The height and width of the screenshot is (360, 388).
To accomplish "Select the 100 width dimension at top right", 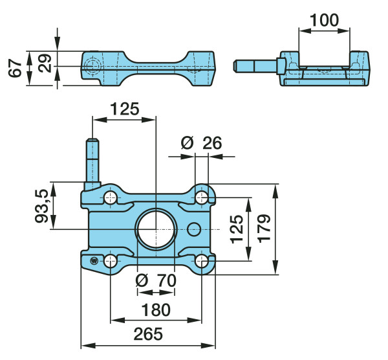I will tap(324, 20).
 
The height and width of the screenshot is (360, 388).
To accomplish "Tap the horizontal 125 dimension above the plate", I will tap(124, 109).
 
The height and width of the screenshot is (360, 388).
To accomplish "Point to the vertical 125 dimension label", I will tap(237, 229).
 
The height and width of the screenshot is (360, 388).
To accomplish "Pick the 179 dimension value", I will tap(264, 229).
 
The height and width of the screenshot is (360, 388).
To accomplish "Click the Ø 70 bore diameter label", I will tap(156, 281).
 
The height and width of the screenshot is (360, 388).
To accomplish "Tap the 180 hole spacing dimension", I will tap(156, 309).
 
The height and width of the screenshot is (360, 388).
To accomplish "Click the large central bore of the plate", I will tap(156, 229).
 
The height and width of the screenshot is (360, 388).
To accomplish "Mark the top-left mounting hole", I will tap(110, 197).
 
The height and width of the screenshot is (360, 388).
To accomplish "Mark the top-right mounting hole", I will tap(202, 196).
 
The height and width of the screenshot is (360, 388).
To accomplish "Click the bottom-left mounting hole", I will tap(110, 262).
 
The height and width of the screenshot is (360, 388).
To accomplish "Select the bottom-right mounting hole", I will tap(202, 261).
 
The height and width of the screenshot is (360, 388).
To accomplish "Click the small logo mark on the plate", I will tap(94, 261).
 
